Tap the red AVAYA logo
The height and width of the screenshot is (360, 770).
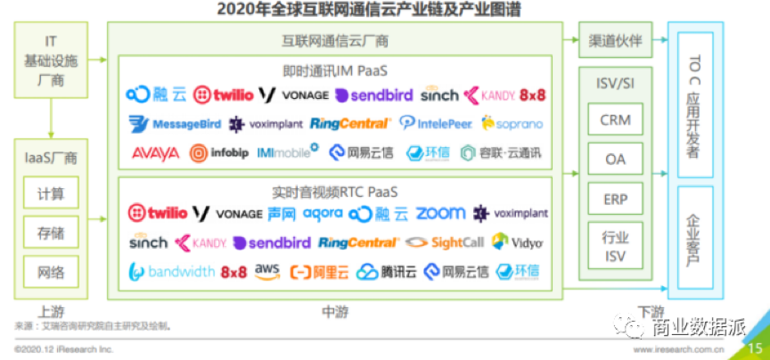[x=155, y=152]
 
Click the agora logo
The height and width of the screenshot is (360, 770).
[x=322, y=214]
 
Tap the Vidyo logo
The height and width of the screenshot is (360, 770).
[x=517, y=241]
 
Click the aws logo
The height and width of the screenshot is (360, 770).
[x=267, y=270]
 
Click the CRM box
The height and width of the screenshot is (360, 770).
[x=614, y=119]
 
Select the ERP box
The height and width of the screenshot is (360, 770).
[x=614, y=198]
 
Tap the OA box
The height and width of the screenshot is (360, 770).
[x=614, y=159]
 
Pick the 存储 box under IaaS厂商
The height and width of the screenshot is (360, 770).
[x=51, y=233]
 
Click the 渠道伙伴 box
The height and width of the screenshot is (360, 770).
[x=616, y=41]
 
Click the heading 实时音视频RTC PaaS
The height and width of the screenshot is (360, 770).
[x=333, y=191]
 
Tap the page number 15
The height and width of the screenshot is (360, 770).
[x=755, y=348]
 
